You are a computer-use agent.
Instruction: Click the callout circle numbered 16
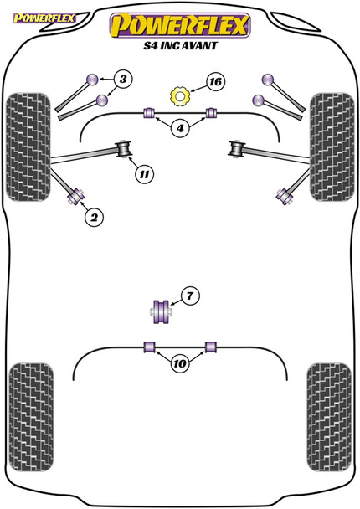click(215, 82)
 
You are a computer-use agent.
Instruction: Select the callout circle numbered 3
click(122, 80)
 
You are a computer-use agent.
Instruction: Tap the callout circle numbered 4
click(180, 128)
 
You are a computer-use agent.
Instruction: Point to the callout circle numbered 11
click(144, 174)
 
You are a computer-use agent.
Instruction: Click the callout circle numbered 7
click(190, 296)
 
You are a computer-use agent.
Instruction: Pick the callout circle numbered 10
click(179, 362)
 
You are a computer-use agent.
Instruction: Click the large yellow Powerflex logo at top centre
click(179, 26)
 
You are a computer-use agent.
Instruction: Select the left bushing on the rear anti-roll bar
click(150, 346)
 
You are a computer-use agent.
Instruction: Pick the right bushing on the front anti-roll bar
click(211, 113)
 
